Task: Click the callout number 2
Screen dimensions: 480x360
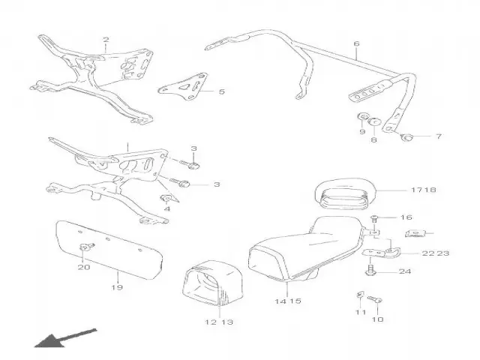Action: tap(106, 40)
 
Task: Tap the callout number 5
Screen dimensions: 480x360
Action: tap(222, 91)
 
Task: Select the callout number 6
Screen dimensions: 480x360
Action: tap(356, 43)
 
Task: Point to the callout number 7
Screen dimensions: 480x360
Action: tap(439, 136)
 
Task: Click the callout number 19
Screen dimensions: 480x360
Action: tap(117, 287)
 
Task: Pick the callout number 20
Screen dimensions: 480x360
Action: tap(84, 267)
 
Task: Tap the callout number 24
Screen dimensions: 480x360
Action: tap(405, 271)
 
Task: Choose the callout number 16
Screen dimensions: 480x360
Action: tap(406, 217)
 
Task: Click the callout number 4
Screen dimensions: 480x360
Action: tap(166, 208)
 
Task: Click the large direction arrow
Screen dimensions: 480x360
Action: tap(65, 338)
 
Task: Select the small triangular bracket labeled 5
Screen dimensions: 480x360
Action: tap(183, 87)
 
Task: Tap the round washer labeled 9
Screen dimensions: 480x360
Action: tap(363, 117)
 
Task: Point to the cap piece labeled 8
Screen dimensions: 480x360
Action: tap(374, 121)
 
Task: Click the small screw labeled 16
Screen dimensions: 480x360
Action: tap(373, 218)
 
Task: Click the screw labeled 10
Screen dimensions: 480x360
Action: tap(374, 299)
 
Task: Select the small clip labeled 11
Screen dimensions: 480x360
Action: tap(360, 295)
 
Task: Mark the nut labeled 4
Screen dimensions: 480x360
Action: tap(166, 199)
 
